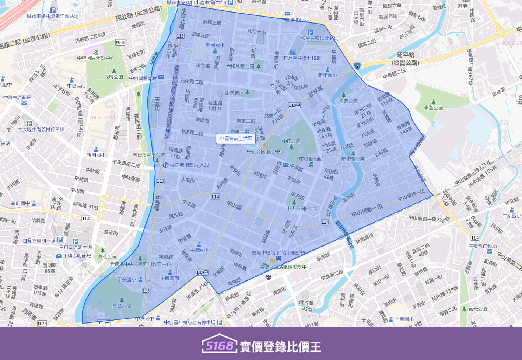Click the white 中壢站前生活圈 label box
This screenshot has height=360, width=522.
236,139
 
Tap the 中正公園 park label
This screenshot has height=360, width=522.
291,141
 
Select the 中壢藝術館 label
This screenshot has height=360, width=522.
311,159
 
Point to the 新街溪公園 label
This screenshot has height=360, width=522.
353,159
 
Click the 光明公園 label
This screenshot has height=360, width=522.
113,77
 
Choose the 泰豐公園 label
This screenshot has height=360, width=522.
433,108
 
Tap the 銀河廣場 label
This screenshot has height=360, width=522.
235,93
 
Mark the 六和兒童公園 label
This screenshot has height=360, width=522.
240,66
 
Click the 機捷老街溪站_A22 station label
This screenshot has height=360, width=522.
189,165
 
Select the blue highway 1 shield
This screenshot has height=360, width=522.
357,66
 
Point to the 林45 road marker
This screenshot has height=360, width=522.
120,43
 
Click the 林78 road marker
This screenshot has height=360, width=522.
42,324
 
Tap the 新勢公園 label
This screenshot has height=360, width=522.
122,306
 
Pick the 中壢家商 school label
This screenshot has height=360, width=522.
170,278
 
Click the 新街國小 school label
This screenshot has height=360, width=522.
327,75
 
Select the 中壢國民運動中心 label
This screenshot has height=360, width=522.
96,58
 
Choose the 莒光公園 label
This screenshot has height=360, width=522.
478,309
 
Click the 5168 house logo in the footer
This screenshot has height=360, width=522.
219,344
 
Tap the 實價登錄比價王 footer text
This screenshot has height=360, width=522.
280,347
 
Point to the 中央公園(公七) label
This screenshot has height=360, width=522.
302,209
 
